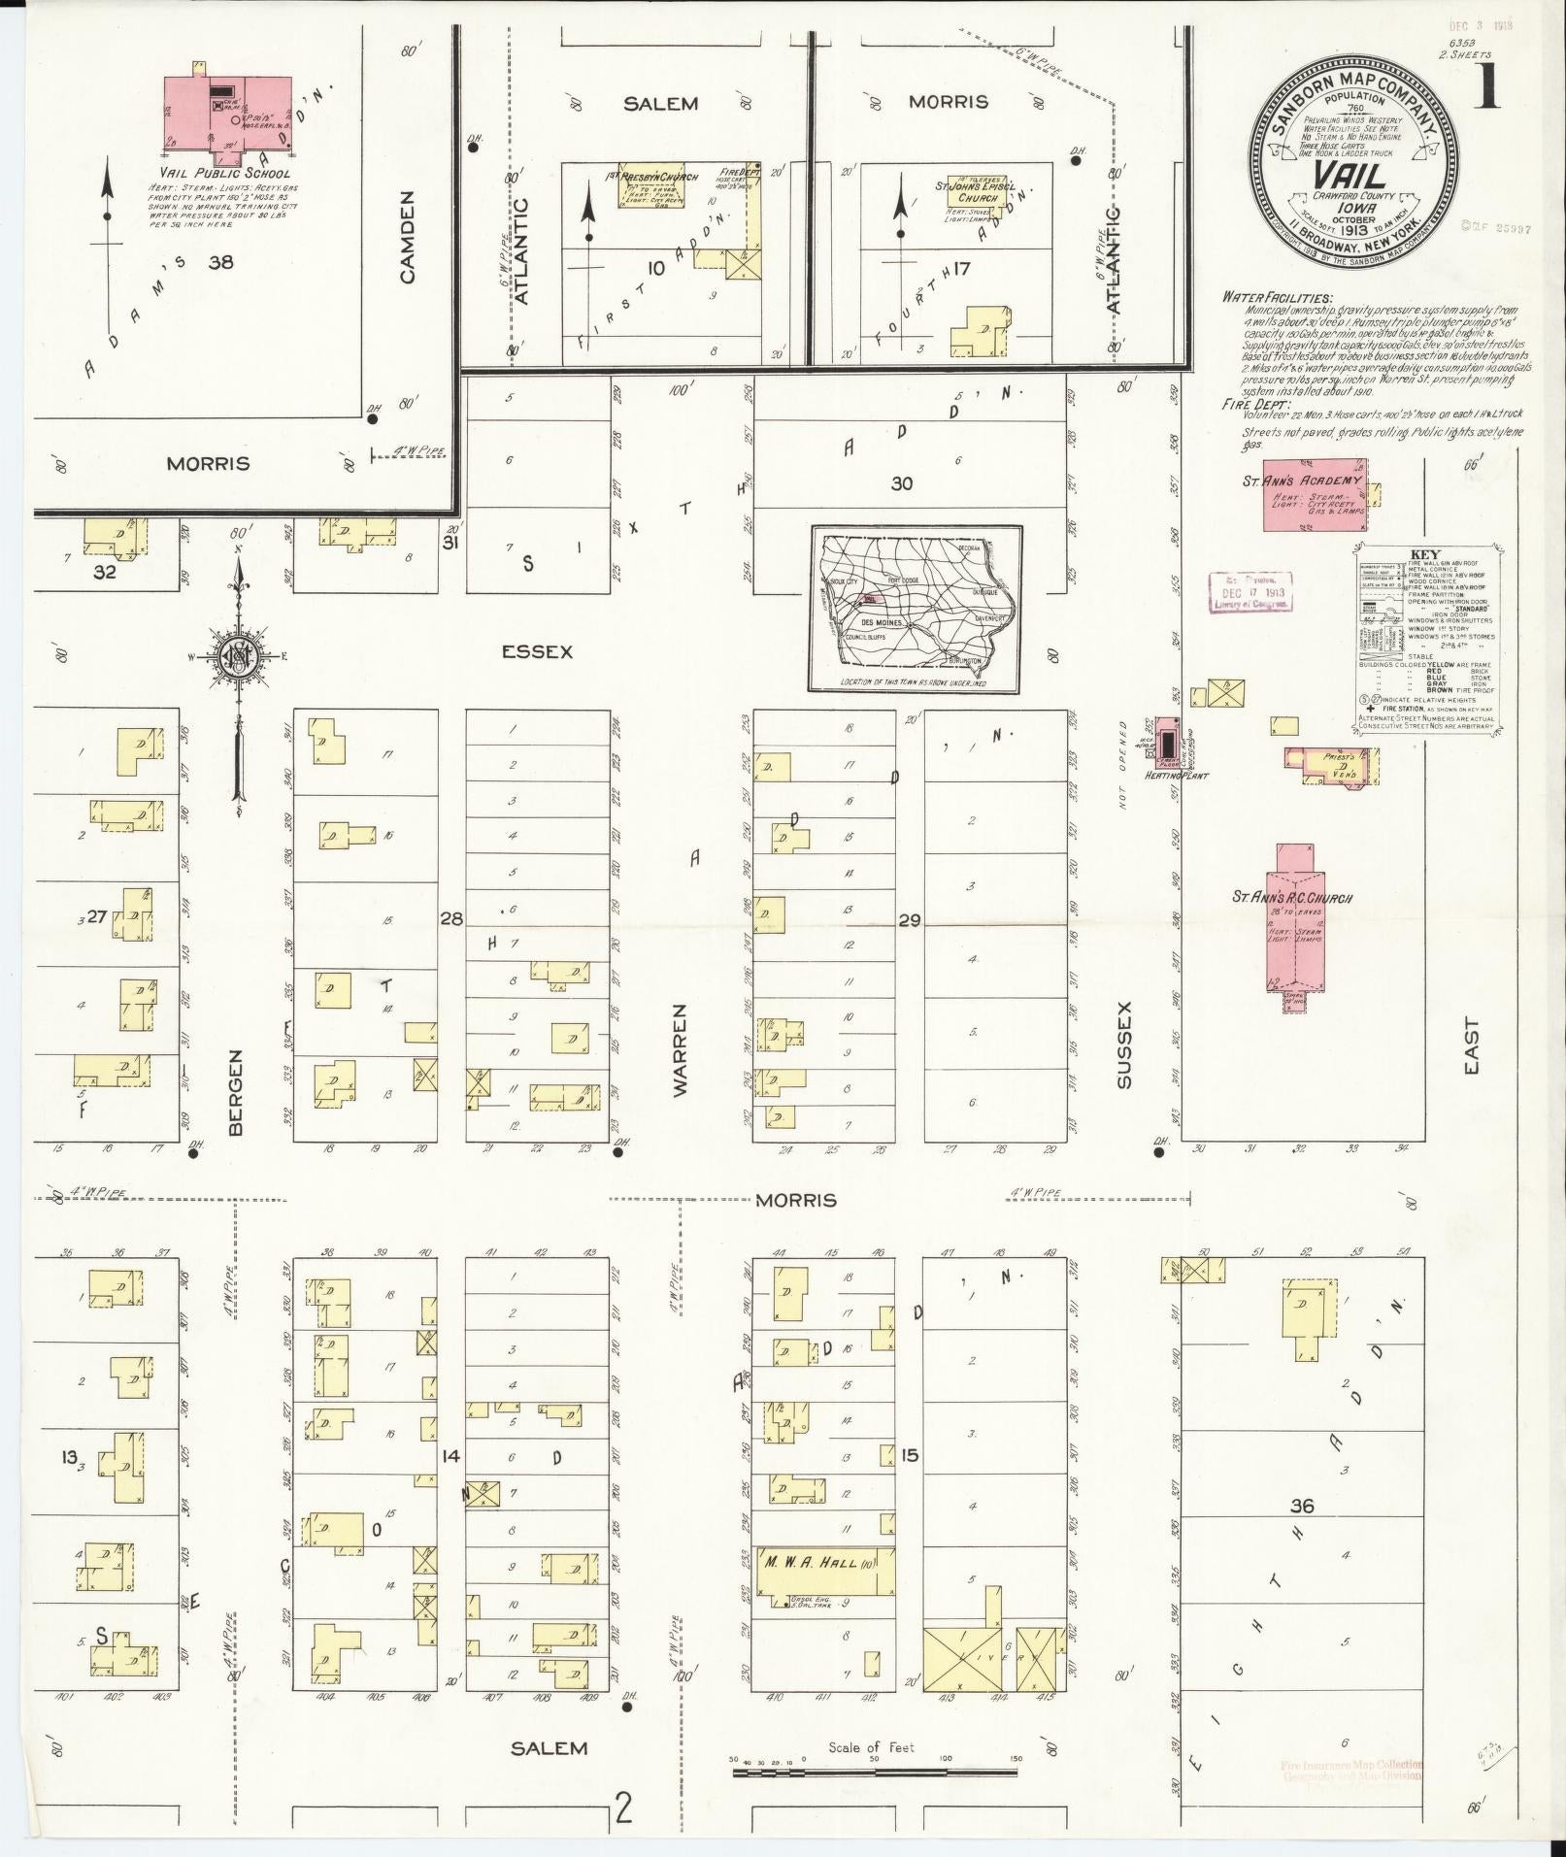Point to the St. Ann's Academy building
click(x=1315, y=494)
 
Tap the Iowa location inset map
click(x=916, y=608)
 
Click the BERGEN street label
click(x=236, y=1091)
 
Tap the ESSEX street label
click(x=537, y=651)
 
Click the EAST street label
click(x=1472, y=1045)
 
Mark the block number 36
click(x=1303, y=1533)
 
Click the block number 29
click(x=909, y=920)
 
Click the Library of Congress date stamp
click(x=1251, y=591)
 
